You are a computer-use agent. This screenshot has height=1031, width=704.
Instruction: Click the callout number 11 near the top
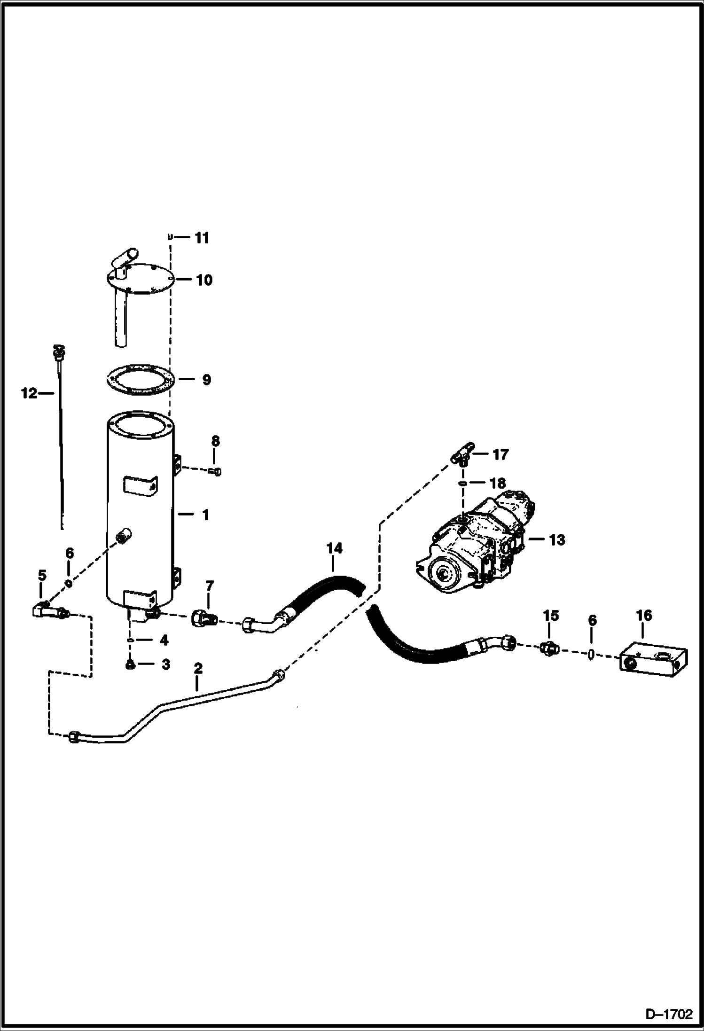point(202,238)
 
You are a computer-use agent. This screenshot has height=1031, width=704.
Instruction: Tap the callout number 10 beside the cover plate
point(204,280)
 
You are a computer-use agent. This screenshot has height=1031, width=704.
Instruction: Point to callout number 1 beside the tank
point(205,515)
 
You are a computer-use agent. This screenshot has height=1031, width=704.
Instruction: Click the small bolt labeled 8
point(216,471)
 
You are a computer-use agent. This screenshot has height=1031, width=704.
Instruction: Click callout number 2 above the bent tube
point(198,668)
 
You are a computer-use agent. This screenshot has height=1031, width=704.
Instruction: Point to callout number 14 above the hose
point(335,548)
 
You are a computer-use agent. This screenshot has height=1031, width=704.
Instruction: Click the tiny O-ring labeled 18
point(462,483)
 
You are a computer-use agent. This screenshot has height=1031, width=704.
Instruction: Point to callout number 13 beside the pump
point(556,540)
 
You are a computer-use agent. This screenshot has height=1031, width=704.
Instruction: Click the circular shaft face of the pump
point(444,573)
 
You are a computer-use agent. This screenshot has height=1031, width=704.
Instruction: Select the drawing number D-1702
point(669,1015)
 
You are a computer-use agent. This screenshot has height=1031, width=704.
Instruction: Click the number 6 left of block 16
point(592,621)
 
